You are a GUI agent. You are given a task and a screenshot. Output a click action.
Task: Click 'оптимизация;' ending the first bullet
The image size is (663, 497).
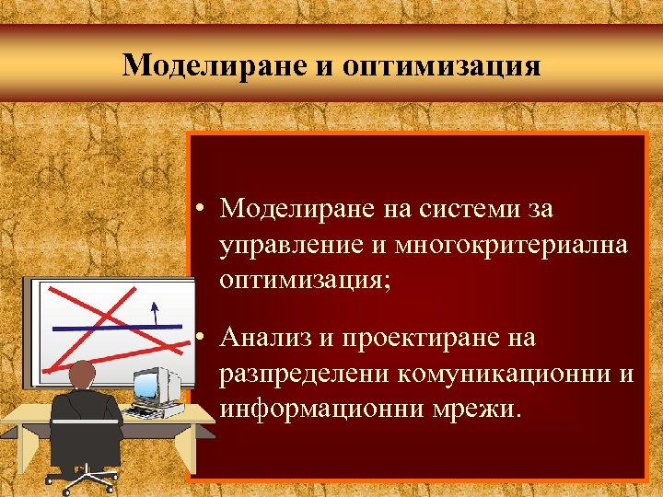(305, 281)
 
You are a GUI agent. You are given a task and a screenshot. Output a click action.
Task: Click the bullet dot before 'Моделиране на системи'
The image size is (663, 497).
(200, 210)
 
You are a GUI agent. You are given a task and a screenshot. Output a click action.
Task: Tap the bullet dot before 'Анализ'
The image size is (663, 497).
(200, 339)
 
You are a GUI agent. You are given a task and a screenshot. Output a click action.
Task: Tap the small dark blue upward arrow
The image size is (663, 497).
(154, 312)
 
